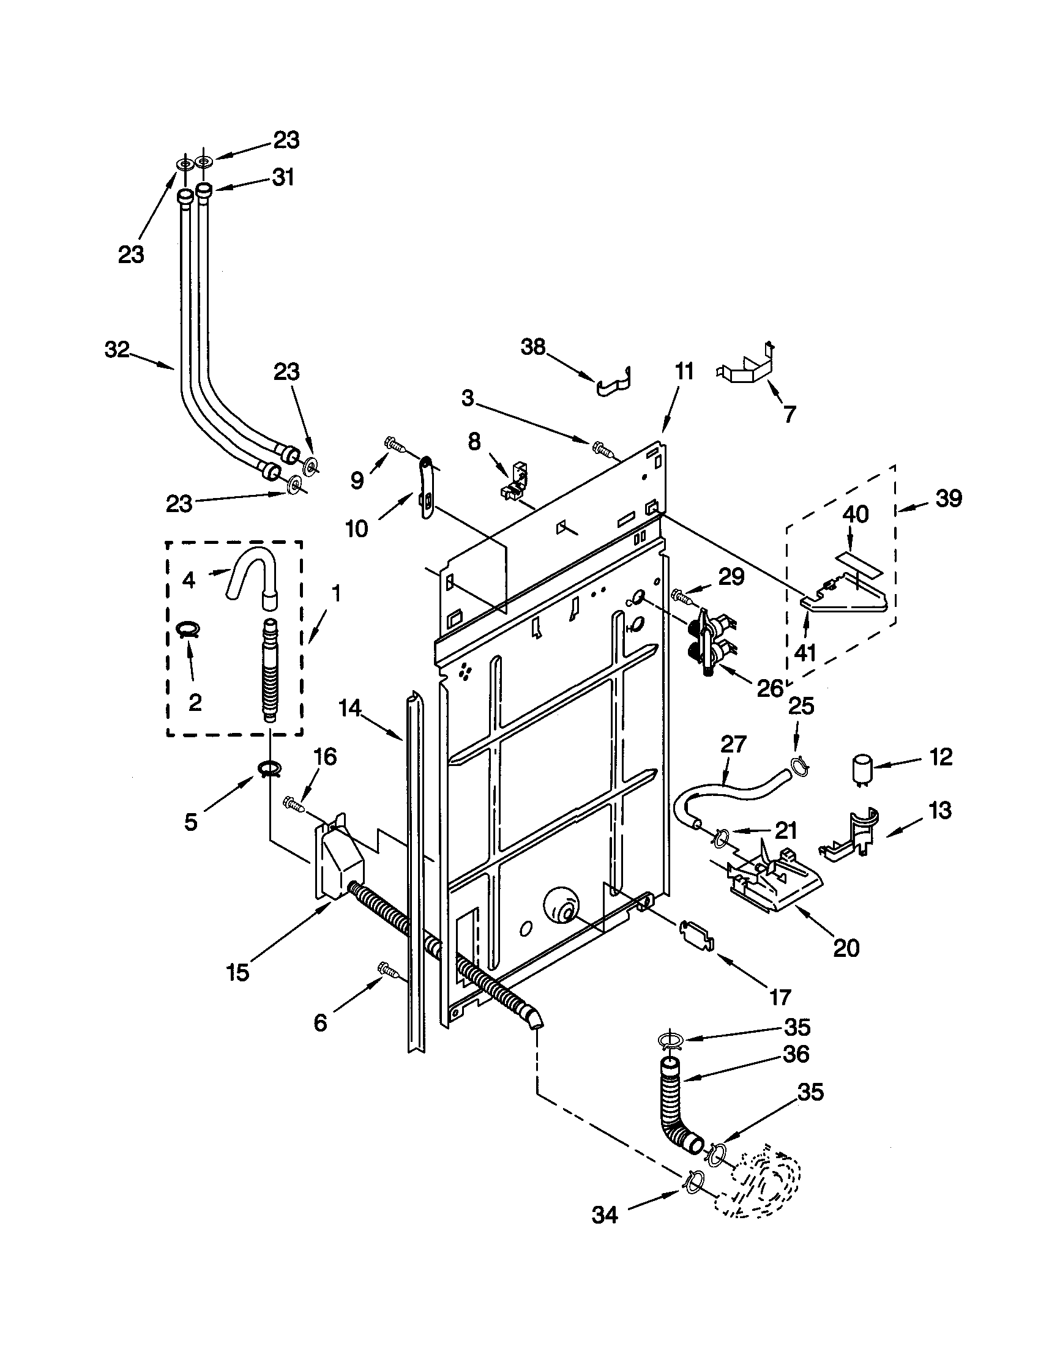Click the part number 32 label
click(x=117, y=350)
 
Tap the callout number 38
click(x=533, y=347)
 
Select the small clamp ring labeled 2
click(x=188, y=629)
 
